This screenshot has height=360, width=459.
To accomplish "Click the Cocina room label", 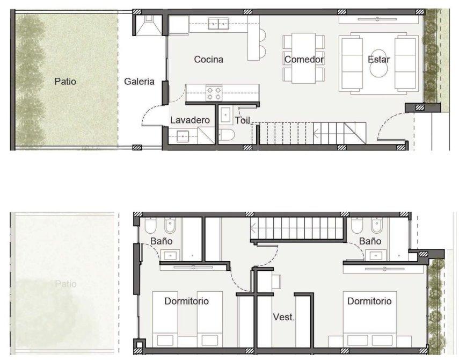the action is pos(208,60).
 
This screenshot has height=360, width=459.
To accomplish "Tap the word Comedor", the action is pos(304,60).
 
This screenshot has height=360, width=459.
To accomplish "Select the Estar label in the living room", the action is pos(378,60).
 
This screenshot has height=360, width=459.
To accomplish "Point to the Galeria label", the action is pos(139,82).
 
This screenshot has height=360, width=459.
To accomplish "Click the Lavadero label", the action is pos(190,120).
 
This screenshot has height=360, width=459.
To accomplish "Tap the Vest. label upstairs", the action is pos(283,317).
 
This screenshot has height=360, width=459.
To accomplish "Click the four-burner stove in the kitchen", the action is pos(214,93).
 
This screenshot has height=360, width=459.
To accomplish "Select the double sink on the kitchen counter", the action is pos(218,24).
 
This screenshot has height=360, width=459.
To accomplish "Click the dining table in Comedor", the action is pos(303,58).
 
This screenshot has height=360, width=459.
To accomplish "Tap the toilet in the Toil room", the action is pos(227,135).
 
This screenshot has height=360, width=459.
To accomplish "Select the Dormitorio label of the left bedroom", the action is pos(186,301).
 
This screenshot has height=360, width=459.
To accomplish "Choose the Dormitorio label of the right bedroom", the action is pos(369,301).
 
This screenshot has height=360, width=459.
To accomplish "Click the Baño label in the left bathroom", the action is pos(161,241).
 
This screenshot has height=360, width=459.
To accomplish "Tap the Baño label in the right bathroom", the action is pos(370,241).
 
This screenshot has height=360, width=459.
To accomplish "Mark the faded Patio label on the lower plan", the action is pos(65,284).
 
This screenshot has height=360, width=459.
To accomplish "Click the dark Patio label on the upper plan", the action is pos(65,82).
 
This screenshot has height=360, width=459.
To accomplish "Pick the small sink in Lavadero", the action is pos(183,136).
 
